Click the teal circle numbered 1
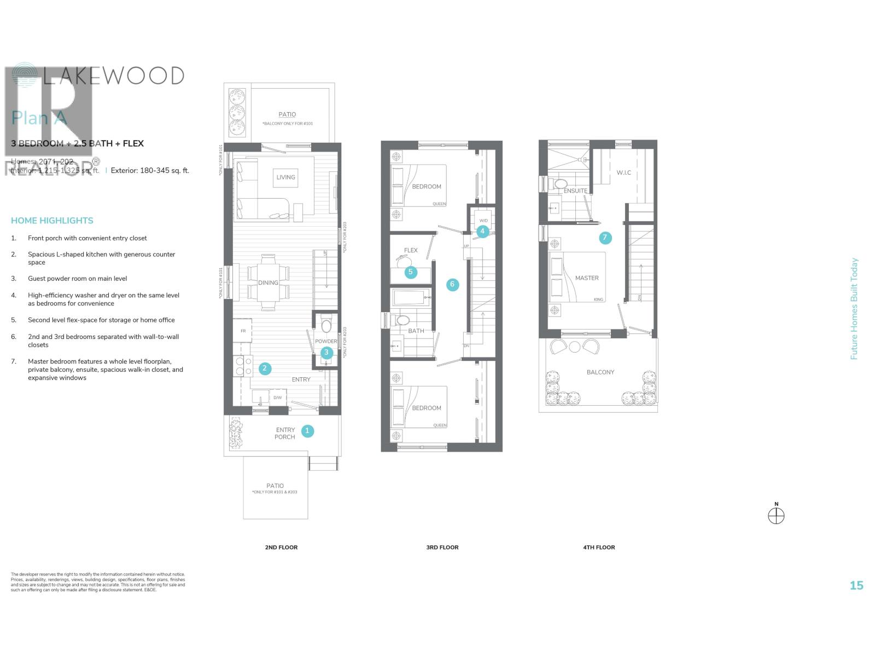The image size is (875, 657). click(x=307, y=431)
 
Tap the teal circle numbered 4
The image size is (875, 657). click(x=482, y=231)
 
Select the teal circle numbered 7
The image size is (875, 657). click(x=604, y=238)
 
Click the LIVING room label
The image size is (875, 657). click(x=285, y=177)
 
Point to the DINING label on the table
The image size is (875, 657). click(x=268, y=283)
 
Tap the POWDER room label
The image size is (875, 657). click(x=326, y=341)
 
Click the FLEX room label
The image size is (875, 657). click(x=411, y=250)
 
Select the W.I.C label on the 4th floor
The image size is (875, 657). click(x=623, y=172)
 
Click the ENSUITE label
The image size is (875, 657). click(x=575, y=191)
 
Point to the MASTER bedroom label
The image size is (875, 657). click(x=587, y=278)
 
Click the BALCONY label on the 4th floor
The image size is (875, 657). click(x=600, y=372)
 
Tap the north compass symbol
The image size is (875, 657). click(x=776, y=516)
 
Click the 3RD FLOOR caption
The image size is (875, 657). click(x=442, y=547)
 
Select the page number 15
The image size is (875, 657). click(x=856, y=586)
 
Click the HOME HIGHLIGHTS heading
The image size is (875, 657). click(x=52, y=221)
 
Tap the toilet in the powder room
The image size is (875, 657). click(x=326, y=326)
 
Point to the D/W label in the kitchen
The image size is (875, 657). click(x=277, y=397)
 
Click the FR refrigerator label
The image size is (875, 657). click(x=243, y=331)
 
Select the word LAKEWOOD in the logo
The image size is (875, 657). click(x=113, y=76)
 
